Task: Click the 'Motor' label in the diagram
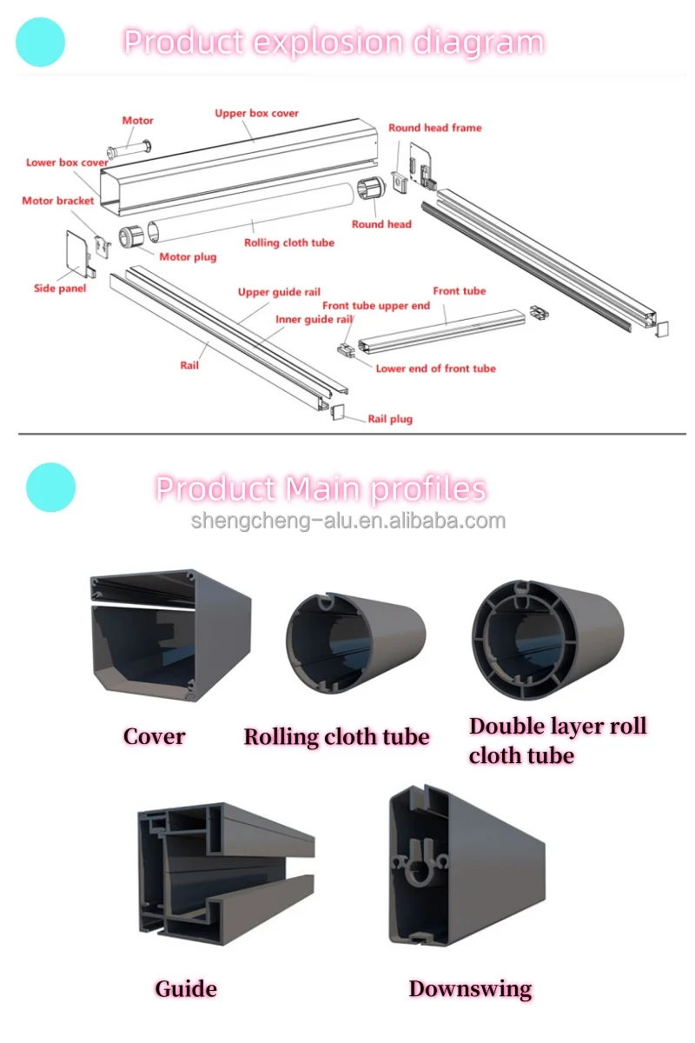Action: click(137, 121)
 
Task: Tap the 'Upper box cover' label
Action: click(256, 113)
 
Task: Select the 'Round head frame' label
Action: click(434, 128)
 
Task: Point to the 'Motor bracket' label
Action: click(57, 201)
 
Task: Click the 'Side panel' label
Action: click(60, 289)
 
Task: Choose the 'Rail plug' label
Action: click(390, 419)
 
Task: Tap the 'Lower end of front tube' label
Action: click(435, 369)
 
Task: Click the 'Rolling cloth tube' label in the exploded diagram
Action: click(288, 243)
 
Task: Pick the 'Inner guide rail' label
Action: click(314, 320)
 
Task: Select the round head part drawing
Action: click(370, 190)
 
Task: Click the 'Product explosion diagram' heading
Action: click(334, 42)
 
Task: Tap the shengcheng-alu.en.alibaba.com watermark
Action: click(347, 521)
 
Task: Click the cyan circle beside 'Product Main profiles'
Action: click(51, 487)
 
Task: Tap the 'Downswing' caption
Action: click(470, 988)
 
